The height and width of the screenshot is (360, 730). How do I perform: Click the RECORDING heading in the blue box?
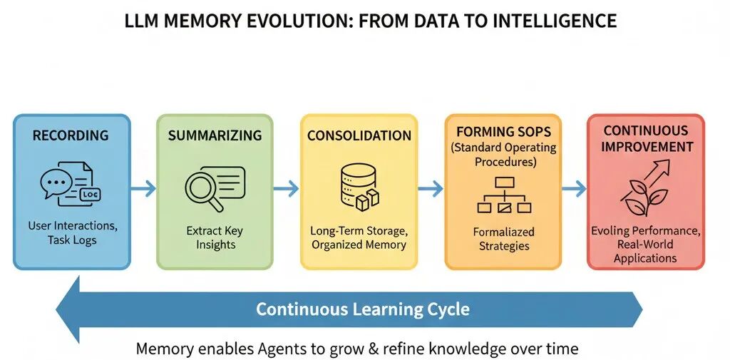[70, 135]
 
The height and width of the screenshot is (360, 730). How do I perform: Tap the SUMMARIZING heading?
[215, 135]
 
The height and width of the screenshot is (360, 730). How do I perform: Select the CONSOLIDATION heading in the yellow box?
[359, 135]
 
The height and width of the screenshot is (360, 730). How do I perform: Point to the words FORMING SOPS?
[503, 131]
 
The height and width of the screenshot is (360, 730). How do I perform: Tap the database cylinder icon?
[358, 187]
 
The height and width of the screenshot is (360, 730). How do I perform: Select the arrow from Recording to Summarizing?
[143, 189]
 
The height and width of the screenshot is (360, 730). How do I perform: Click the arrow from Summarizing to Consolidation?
[287, 189]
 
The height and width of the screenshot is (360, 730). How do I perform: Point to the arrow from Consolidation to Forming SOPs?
[430, 189]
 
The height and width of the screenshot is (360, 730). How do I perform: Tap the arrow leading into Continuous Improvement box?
[574, 189]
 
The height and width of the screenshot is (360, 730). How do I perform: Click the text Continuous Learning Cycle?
[363, 309]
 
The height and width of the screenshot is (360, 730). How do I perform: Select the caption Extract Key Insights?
[215, 237]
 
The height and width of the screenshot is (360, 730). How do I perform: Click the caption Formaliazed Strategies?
[503, 239]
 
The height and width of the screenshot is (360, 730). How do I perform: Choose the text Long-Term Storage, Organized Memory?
[358, 237]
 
